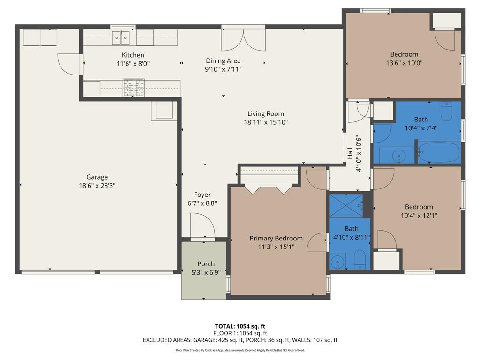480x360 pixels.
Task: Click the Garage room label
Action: tap(97, 177)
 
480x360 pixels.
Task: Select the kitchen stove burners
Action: tap(134, 87)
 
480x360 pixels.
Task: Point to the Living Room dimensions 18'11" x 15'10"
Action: tap(265, 122)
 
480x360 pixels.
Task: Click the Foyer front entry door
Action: tap(202, 226)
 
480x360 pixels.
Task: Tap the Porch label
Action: tap(206, 264)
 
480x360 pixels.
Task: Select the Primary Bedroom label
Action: tap(276, 239)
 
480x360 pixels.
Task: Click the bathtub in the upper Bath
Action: tap(438, 153)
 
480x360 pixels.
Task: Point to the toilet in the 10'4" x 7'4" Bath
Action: tap(446, 112)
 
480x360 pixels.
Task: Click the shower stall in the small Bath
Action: tap(345, 205)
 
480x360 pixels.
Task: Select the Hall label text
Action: tap(350, 154)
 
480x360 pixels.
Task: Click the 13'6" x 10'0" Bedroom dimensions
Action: tap(404, 63)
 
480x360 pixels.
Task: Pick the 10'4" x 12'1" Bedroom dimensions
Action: tap(419, 216)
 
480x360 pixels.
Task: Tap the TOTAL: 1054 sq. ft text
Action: tap(240, 326)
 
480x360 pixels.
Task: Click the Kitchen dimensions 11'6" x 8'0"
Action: tap(133, 63)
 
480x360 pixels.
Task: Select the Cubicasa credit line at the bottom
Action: tap(240, 350)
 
